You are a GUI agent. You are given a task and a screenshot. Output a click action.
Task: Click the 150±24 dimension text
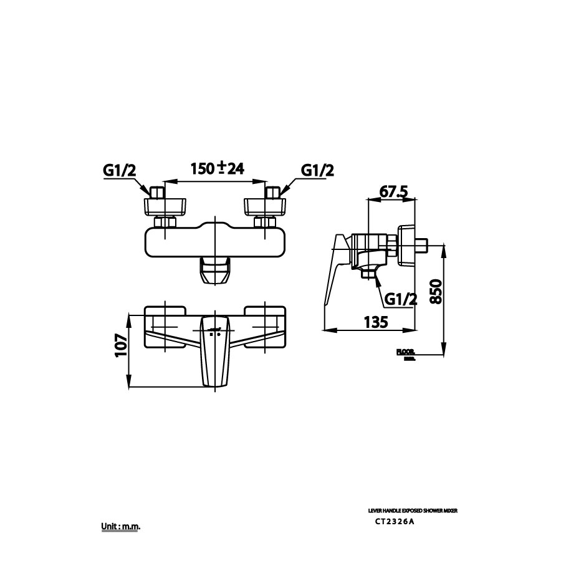(216, 168)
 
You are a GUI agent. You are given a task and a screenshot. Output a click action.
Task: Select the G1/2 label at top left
(119, 170)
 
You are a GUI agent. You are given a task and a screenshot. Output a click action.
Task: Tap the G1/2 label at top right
(317, 170)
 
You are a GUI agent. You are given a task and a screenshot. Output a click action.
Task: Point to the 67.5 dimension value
(393, 192)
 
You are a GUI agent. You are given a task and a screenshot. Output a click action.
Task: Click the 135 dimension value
(376, 322)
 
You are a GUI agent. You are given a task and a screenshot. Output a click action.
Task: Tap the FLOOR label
(405, 352)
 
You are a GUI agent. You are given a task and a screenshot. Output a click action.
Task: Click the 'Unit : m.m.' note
(121, 527)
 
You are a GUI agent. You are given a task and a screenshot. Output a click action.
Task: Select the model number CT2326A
(393, 522)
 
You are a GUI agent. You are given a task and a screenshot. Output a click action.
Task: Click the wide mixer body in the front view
(214, 242)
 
